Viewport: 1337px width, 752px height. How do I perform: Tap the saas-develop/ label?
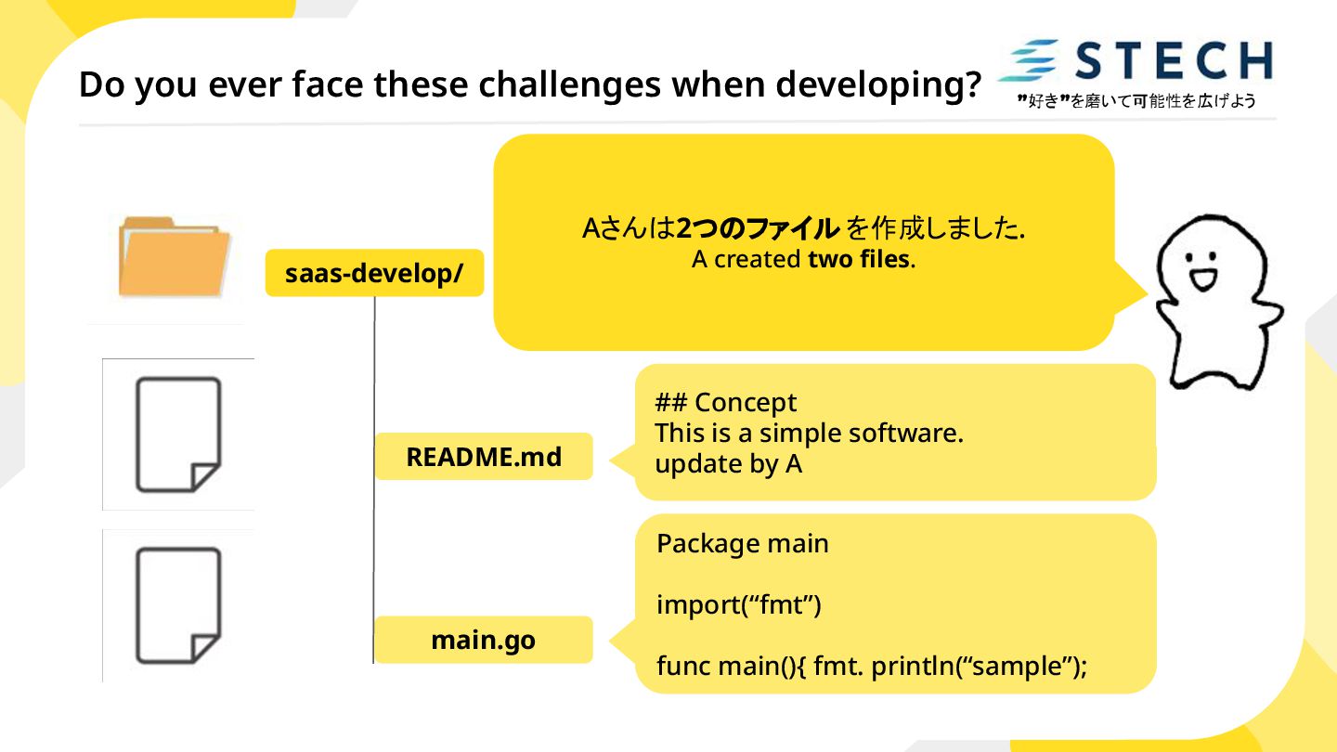[x=374, y=273]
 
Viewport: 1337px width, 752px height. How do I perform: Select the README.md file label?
[x=484, y=457]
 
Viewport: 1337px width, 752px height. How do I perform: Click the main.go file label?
[x=484, y=641]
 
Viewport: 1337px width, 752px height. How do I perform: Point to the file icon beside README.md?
[x=178, y=434]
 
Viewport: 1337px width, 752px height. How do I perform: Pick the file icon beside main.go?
[x=178, y=605]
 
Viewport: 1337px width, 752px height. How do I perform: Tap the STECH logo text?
[x=1174, y=60]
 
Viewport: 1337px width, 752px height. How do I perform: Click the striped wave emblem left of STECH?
[x=1029, y=60]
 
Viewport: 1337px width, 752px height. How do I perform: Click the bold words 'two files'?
[x=858, y=260]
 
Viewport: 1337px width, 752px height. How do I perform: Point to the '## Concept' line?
[x=726, y=403]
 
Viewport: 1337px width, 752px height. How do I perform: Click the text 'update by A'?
[x=728, y=464]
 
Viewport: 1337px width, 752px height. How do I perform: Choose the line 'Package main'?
[x=742, y=544]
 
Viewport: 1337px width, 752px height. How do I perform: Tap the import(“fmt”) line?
[x=738, y=605]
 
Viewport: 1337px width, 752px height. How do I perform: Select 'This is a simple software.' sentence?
[x=808, y=434]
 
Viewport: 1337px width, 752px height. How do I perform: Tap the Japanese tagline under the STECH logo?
[x=1136, y=101]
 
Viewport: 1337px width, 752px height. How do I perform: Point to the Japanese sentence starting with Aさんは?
[x=803, y=227]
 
